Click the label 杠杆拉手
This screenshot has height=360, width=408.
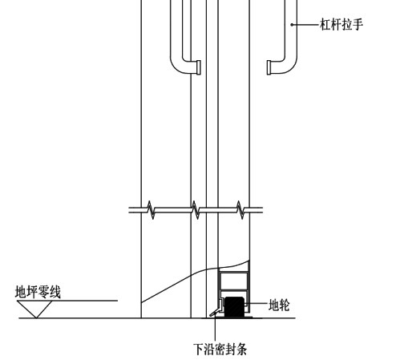341,24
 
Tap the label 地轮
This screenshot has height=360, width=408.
279,305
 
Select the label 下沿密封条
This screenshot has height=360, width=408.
220,349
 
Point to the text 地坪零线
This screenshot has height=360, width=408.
38,292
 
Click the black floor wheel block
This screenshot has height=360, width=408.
234,306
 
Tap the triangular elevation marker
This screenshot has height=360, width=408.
34,309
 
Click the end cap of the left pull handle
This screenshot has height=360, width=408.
199,67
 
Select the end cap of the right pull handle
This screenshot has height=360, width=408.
269,67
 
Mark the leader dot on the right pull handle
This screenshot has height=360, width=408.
292,25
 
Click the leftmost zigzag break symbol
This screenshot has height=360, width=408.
151,210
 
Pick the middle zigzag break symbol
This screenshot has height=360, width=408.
196,210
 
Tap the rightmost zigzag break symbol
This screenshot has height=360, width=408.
240,210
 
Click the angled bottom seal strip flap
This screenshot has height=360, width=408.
215,312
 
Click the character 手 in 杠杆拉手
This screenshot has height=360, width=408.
358,24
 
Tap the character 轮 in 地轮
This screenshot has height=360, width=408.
285,305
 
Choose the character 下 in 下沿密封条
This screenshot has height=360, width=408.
199,349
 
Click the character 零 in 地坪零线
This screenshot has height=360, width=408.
44,292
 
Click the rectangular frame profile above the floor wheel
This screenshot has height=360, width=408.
234,281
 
